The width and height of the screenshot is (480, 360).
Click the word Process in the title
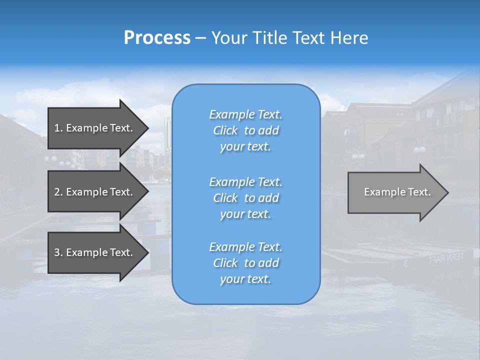[x=157, y=38]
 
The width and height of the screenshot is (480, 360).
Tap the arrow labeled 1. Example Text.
[x=95, y=128]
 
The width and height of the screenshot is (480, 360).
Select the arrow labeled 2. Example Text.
[x=95, y=192]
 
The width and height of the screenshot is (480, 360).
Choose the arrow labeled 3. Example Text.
[x=95, y=252]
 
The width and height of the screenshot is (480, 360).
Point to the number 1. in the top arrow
[x=58, y=128]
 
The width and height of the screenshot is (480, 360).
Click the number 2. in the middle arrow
[x=58, y=192]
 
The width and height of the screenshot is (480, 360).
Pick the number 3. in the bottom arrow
[x=58, y=252]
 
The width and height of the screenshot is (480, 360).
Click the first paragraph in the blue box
[x=245, y=130]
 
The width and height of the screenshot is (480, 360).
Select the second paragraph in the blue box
[x=245, y=198]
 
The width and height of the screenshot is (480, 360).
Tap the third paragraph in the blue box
[x=245, y=263]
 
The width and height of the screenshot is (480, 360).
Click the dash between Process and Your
[x=200, y=38]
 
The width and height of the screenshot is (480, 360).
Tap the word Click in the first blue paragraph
[x=225, y=130]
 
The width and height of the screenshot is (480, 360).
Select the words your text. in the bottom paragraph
[x=245, y=279]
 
